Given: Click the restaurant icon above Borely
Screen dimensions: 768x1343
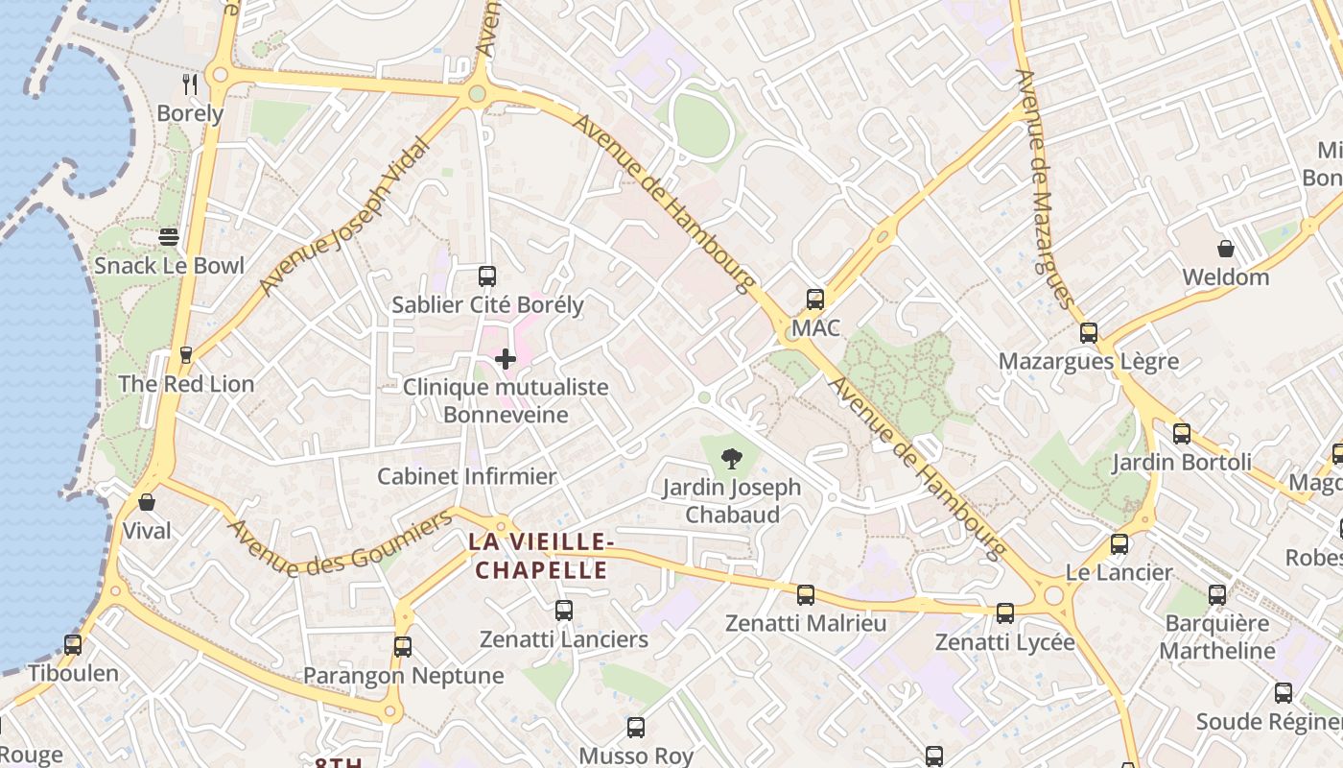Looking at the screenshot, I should point(190,84).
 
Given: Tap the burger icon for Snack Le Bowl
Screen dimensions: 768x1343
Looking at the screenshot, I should point(169,237).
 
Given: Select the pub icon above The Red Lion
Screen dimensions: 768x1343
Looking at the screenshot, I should point(186,354).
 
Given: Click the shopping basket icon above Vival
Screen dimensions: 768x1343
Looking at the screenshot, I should point(147,501).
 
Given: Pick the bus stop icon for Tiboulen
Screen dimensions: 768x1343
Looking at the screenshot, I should point(73,644).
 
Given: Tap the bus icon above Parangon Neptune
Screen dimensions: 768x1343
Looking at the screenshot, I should point(403,646).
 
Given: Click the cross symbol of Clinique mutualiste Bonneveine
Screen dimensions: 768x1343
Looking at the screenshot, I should point(506,359).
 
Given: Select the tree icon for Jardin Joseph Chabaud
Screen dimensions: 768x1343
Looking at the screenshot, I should point(732,458).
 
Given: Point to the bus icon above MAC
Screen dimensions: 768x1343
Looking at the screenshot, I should point(815,299).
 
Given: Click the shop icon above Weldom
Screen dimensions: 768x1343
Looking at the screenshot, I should point(1225,249).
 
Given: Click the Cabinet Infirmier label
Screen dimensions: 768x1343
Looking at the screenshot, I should point(466,476).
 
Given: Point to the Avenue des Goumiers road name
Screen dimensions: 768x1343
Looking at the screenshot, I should point(341,544).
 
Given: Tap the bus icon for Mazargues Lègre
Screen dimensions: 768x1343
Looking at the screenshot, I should point(1088,333).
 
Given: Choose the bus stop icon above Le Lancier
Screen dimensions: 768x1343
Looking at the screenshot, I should point(1119,544).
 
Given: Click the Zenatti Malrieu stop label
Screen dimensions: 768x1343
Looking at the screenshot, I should point(806,623).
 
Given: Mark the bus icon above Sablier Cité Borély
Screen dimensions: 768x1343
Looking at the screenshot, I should point(487,276).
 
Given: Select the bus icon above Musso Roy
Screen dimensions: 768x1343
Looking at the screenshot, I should point(635,727).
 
